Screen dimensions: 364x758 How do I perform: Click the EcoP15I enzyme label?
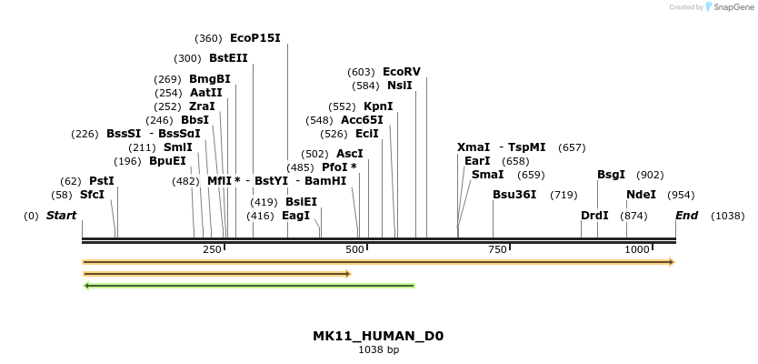coord(255,38)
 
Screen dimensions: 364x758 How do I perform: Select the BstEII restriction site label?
coord(228,58)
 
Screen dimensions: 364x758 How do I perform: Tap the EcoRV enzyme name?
coord(402,72)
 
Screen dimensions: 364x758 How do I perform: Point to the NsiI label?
coord(400,86)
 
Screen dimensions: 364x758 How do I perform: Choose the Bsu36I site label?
coord(514,195)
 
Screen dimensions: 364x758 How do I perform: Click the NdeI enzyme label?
coord(641,195)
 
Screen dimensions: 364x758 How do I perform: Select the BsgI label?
coord(611,175)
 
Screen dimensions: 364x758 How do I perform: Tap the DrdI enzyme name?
coord(594,216)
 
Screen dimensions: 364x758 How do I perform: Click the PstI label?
coord(102,181)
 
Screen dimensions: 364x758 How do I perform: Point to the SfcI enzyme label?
coord(92,195)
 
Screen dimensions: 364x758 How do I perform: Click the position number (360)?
coord(208,38)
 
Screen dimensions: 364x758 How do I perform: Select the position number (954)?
coord(682,195)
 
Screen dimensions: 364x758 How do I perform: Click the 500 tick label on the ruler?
coord(354,249)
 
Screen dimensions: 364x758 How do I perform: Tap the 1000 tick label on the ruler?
coord(637,249)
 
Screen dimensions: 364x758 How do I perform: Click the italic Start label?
coord(61,216)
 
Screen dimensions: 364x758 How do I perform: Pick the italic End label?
coord(686,216)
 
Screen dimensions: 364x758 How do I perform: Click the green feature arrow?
coord(249,286)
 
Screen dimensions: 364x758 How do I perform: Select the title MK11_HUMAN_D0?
coord(378,336)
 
